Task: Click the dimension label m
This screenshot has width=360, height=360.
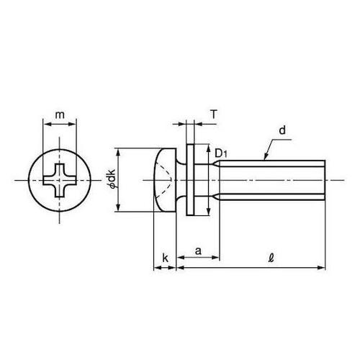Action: (60, 115)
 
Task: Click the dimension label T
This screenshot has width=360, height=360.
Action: (214, 114)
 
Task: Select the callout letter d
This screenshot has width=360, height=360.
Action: (282, 130)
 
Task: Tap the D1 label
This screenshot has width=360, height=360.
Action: (221, 153)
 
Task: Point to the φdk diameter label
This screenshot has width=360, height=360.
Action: (112, 178)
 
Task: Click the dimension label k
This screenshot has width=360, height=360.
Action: (165, 258)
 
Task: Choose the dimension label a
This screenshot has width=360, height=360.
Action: (198, 251)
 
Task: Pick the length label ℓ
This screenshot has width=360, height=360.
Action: (271, 258)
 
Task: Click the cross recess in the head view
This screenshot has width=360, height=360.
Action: (60, 180)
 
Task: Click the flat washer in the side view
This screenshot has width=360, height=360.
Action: (190, 180)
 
